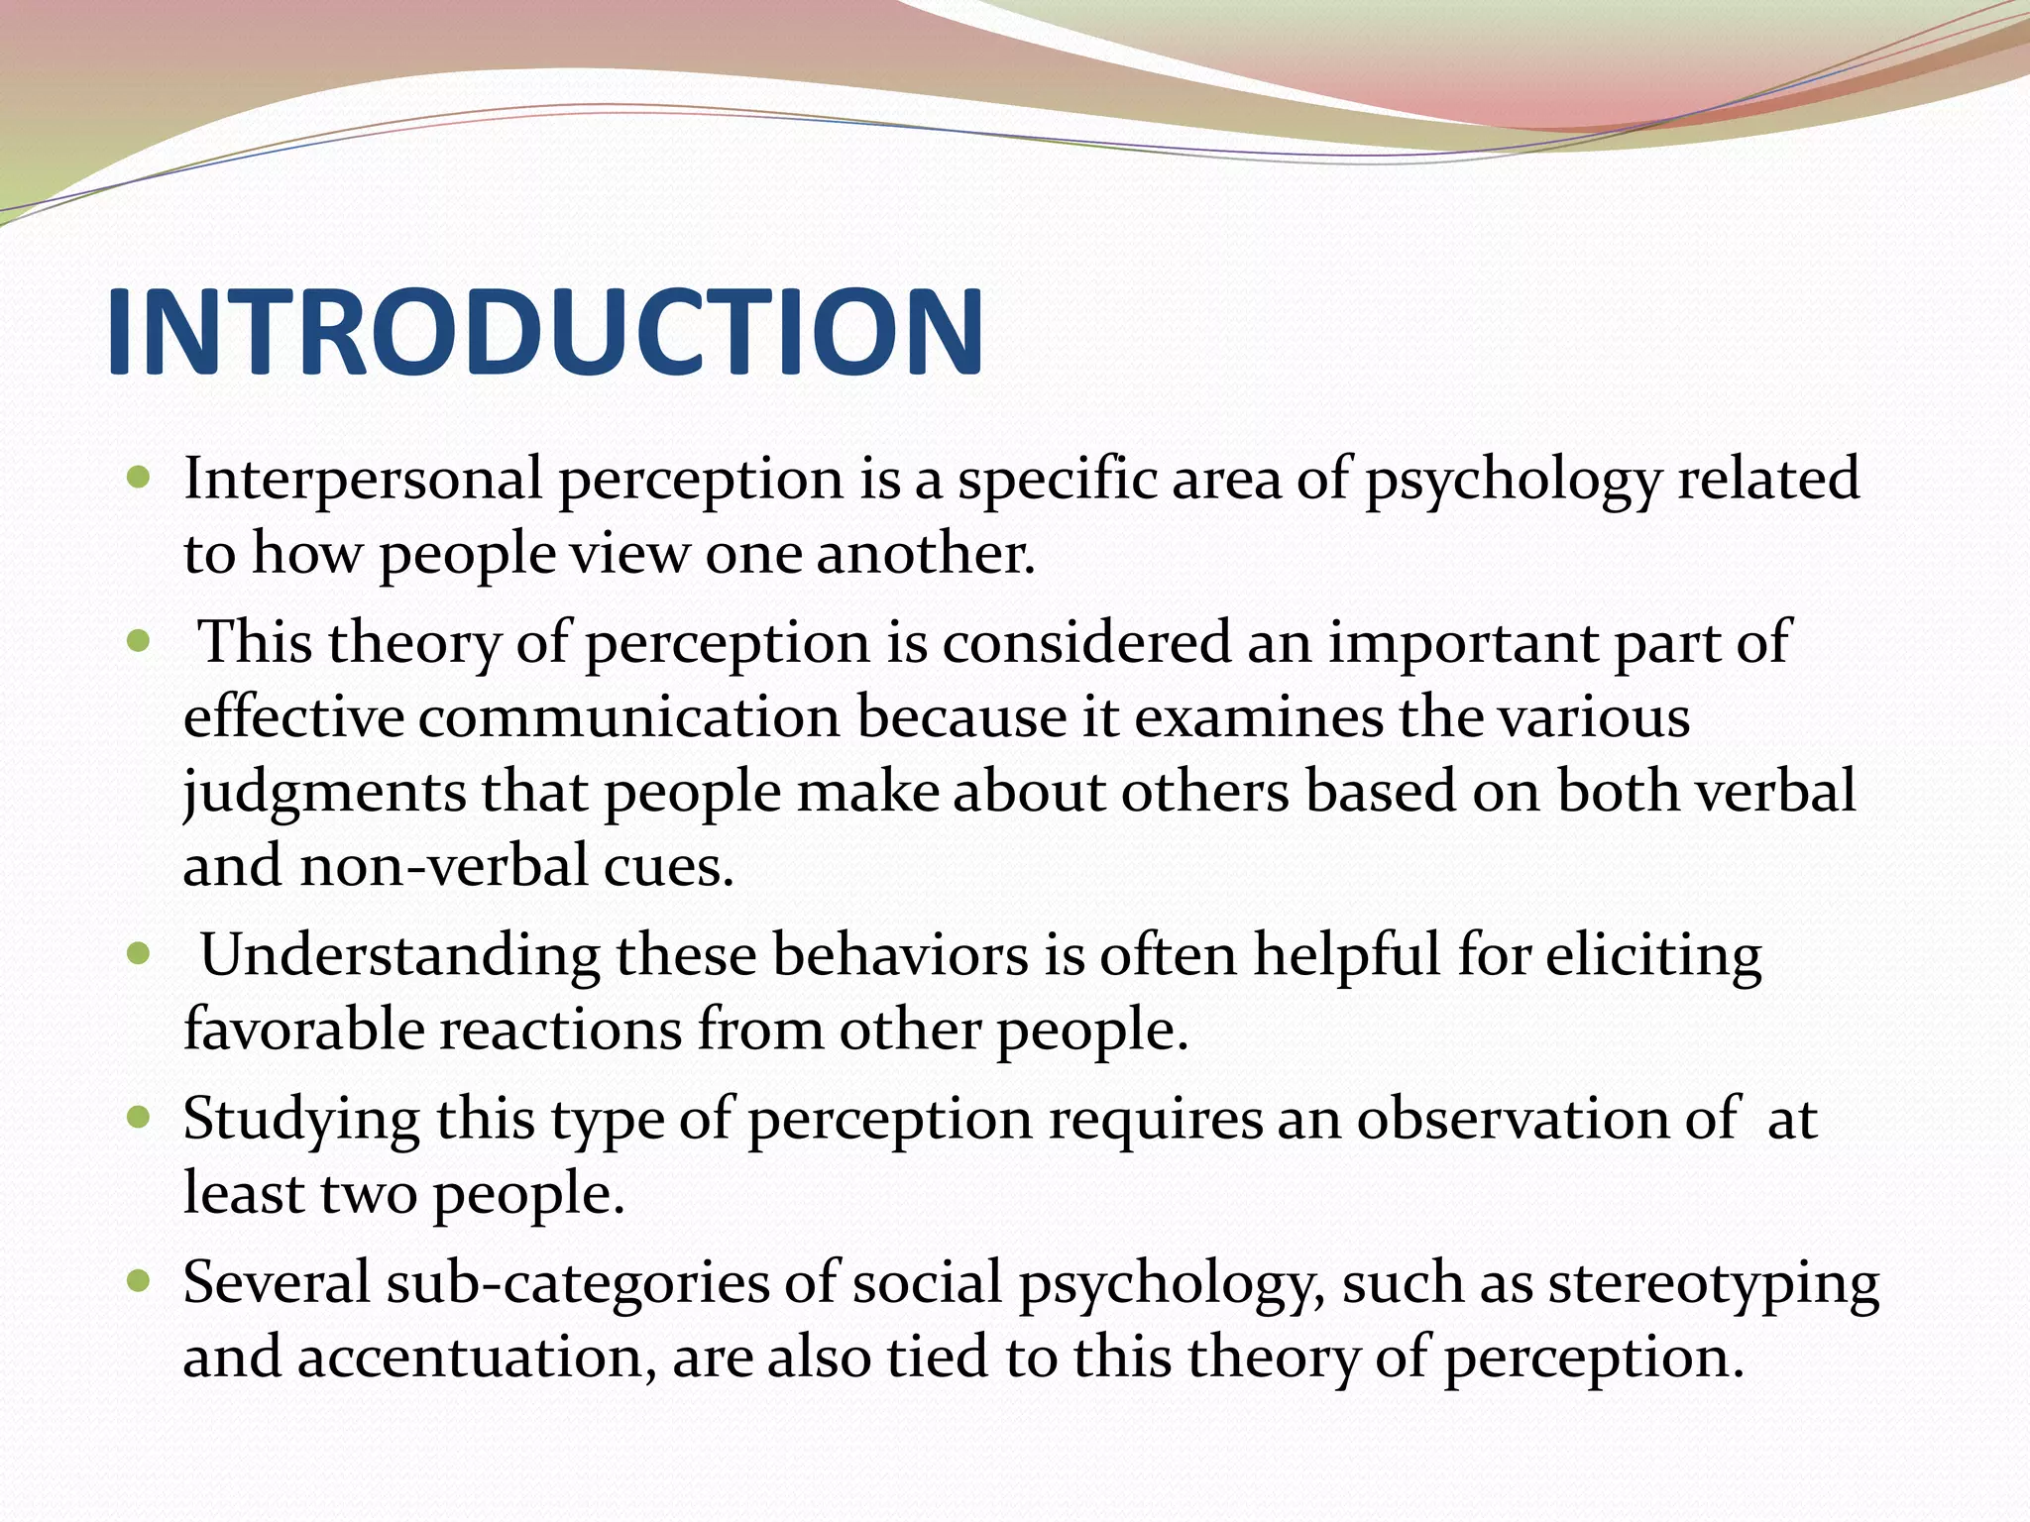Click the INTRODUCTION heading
coord(544,332)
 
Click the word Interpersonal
coord(362,479)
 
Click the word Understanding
coord(399,956)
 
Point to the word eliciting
coord(1652,956)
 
